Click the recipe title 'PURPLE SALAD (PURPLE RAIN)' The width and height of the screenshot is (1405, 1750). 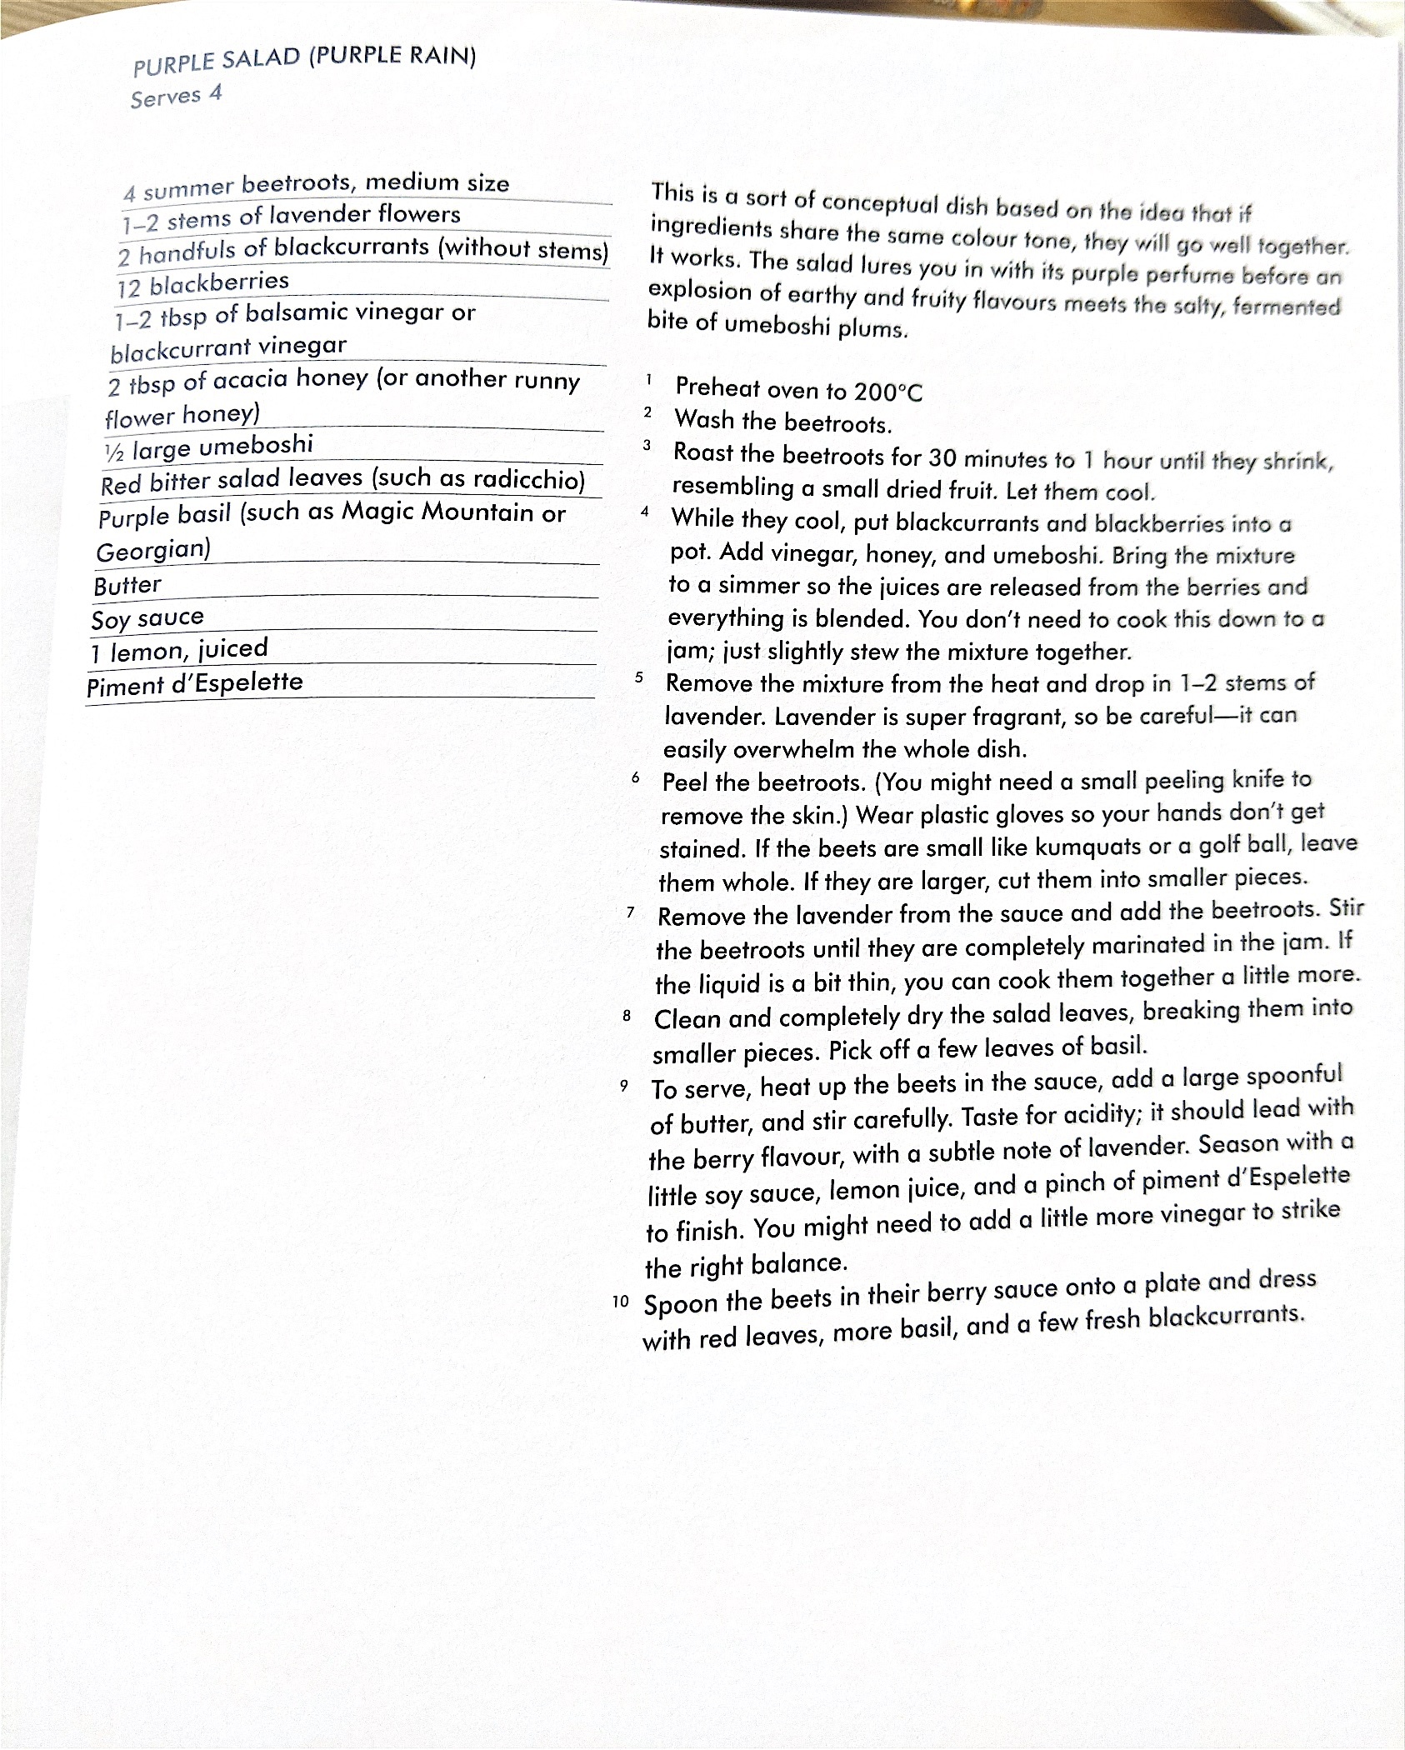pyautogui.click(x=304, y=60)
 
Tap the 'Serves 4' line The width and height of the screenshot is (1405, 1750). pyautogui.click(x=176, y=96)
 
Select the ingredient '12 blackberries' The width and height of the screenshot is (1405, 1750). pyautogui.click(x=203, y=284)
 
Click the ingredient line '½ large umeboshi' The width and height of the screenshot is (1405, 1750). pyautogui.click(x=208, y=447)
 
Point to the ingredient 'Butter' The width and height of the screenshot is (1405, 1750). pyautogui.click(x=127, y=586)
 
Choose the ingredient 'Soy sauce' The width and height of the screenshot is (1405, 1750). pyautogui.click(x=147, y=618)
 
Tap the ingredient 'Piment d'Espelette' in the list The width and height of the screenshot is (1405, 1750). pyautogui.click(x=195, y=684)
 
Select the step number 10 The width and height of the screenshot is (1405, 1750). pyautogui.click(x=620, y=1302)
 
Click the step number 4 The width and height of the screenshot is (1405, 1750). pyautogui.click(x=645, y=512)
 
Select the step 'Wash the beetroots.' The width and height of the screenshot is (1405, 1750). pyautogui.click(x=782, y=422)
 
